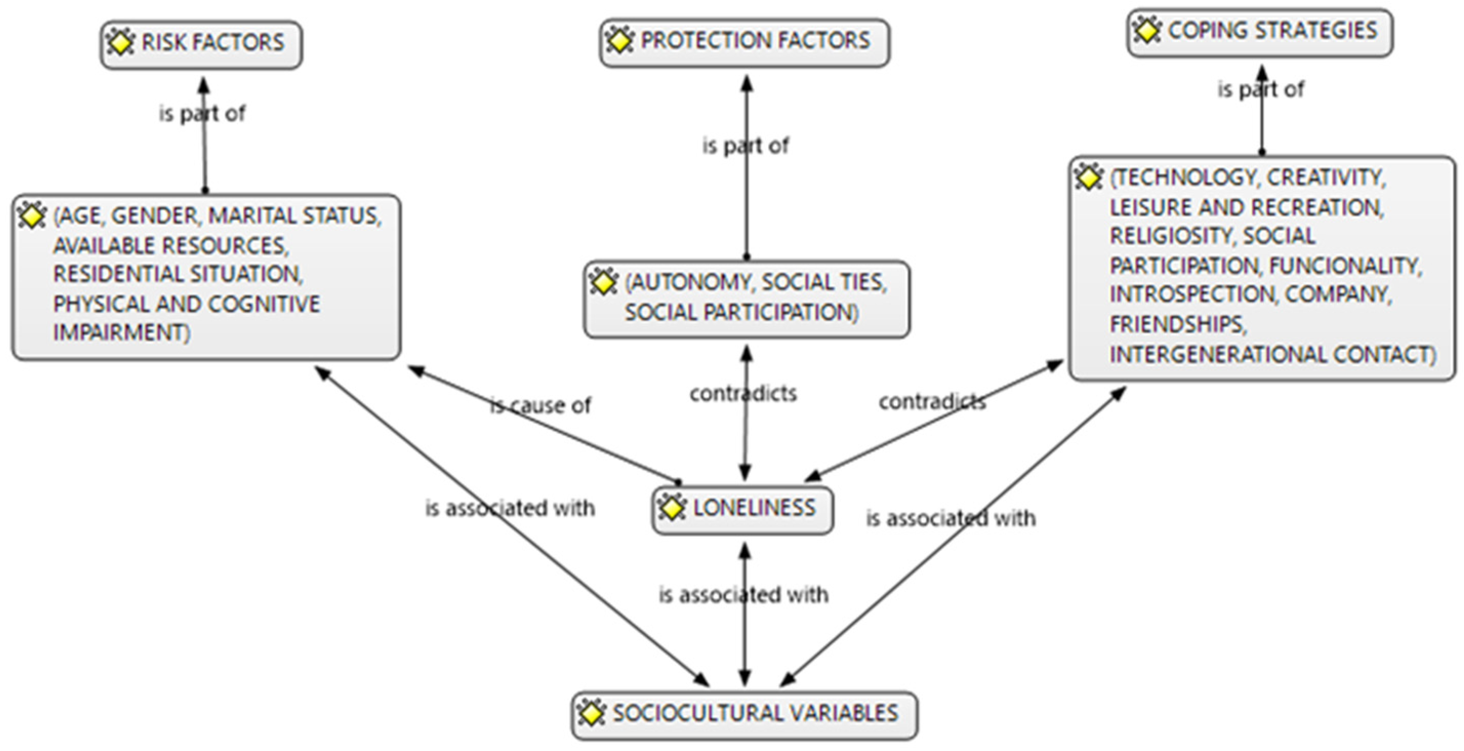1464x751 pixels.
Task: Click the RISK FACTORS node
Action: (201, 45)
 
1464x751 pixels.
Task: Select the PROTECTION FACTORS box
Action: (745, 43)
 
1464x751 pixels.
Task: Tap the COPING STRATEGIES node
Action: (1260, 32)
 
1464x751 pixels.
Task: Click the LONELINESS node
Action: (743, 509)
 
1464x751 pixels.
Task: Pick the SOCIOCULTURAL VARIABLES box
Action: (745, 714)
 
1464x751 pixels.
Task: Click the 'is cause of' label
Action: (541, 406)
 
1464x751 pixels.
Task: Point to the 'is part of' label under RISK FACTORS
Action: (202, 114)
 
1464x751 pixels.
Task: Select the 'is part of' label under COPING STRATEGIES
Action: (1261, 90)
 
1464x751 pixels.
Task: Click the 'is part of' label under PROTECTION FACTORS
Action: (746, 146)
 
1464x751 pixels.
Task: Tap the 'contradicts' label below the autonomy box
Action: (744, 393)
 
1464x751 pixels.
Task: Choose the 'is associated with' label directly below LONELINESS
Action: (744, 595)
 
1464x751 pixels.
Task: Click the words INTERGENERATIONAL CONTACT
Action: (1272, 355)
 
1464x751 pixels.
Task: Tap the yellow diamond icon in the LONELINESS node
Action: (672, 507)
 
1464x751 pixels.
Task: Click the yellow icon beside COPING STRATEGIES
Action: (1147, 30)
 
